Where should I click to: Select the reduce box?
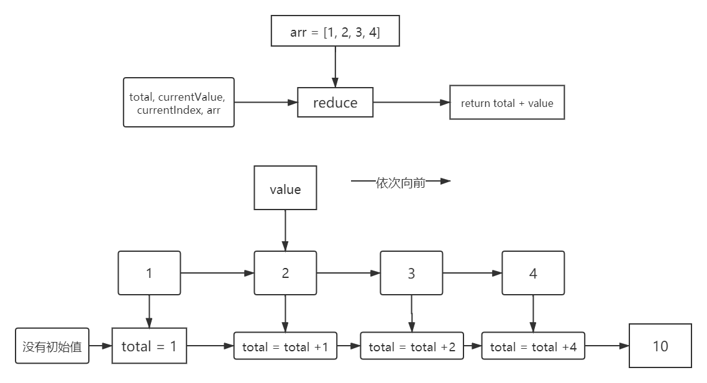335,103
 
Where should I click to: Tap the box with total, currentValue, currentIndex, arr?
178,103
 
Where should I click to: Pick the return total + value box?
507,103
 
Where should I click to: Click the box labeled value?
285,188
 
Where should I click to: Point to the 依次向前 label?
401,182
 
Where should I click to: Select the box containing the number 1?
149,273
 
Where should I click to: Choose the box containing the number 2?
285,273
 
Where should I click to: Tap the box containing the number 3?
411,273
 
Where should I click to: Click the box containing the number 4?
533,273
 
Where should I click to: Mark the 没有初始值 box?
52,346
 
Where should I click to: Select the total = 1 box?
149,346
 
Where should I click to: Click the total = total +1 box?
285,347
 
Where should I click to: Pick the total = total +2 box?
412,347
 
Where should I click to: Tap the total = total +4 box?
533,347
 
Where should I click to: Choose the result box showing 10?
660,346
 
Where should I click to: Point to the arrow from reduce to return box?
411,103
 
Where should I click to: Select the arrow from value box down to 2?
285,230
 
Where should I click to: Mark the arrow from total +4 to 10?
607,346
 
